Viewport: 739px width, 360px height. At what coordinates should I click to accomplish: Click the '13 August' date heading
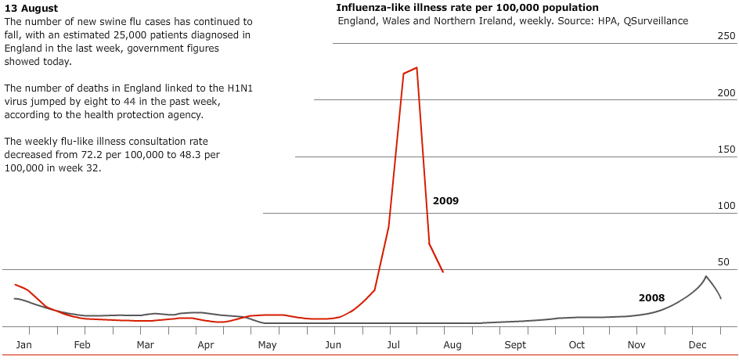[31, 8]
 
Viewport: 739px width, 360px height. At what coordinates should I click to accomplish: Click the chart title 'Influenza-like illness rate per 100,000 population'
[467, 8]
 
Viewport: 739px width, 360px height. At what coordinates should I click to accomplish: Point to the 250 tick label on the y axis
[726, 36]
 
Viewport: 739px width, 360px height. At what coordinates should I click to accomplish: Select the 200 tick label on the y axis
[726, 93]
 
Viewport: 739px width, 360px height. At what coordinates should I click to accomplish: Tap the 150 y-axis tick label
[726, 149]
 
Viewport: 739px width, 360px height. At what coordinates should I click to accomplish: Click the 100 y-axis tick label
[726, 206]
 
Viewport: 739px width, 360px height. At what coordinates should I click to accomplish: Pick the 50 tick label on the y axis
[728, 262]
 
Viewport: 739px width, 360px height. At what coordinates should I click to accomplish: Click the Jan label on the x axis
[23, 345]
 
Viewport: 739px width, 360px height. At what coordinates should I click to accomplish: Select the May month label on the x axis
[267, 345]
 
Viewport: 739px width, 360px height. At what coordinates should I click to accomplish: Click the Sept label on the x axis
[515, 345]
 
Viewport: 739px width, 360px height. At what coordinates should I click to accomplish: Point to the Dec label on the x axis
[697, 345]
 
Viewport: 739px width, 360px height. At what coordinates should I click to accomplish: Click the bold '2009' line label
[445, 201]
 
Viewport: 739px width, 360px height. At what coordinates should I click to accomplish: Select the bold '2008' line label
[651, 298]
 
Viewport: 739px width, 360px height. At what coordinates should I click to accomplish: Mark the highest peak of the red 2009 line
[416, 67]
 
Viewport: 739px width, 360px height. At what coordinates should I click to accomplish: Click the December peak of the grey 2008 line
[706, 276]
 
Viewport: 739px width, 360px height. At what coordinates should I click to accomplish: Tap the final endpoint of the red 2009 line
[443, 272]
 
